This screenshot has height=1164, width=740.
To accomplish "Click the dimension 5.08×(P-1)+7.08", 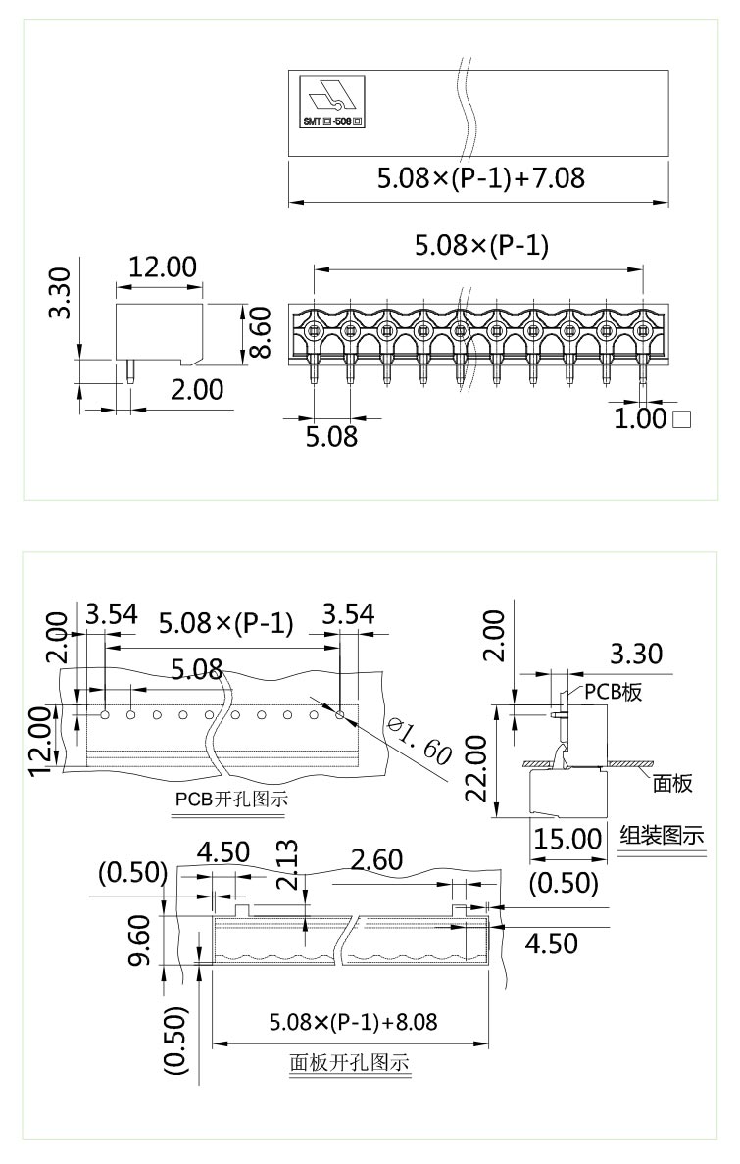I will [481, 178].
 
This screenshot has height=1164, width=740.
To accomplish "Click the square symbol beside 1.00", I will [683, 420].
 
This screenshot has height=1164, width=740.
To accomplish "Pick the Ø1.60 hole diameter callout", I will [419, 740].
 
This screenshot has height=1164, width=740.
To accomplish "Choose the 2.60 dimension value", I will [376, 859].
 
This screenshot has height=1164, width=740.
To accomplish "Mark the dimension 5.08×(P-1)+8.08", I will [353, 1022].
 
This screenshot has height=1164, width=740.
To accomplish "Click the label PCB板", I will [614, 691].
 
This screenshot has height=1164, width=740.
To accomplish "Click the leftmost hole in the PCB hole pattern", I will [105, 714].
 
